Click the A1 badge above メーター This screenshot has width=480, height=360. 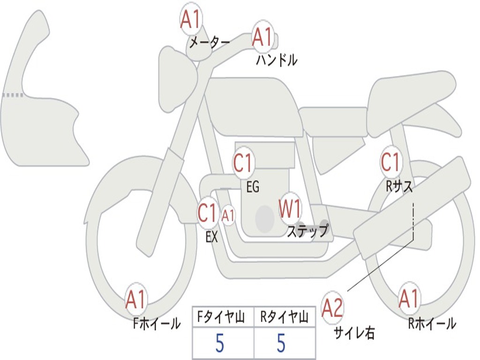coord(191,20)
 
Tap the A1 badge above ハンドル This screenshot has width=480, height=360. coord(262,37)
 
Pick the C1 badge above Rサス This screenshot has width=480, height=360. coord(390,162)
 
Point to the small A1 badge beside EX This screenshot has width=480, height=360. coord(228,216)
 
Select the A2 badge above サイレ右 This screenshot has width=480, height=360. coord(333,307)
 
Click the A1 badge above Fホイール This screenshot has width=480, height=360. coord(136,300)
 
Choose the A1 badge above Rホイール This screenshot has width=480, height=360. coord(409,299)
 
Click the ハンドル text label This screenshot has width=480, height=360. coord(277,60)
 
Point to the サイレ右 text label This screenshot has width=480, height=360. coord(354,333)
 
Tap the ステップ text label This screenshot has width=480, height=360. coord(307,231)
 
